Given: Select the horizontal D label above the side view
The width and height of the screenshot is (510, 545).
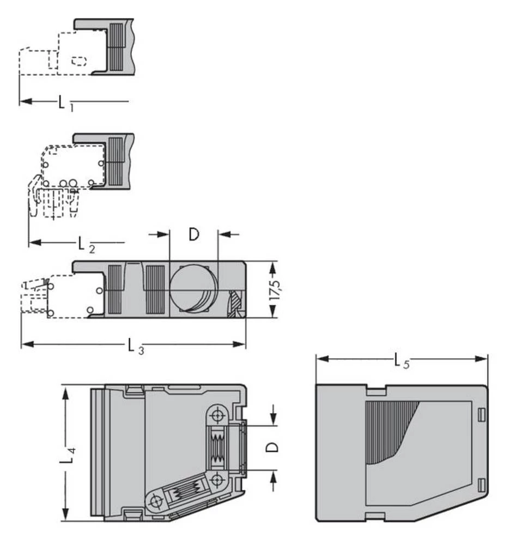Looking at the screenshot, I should [x=193, y=235].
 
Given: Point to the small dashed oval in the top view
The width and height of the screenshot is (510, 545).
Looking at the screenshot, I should [x=79, y=60].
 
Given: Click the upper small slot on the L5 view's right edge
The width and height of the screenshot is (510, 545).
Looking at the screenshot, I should [x=481, y=415].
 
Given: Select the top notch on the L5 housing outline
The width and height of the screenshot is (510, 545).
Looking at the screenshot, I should [x=375, y=390].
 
